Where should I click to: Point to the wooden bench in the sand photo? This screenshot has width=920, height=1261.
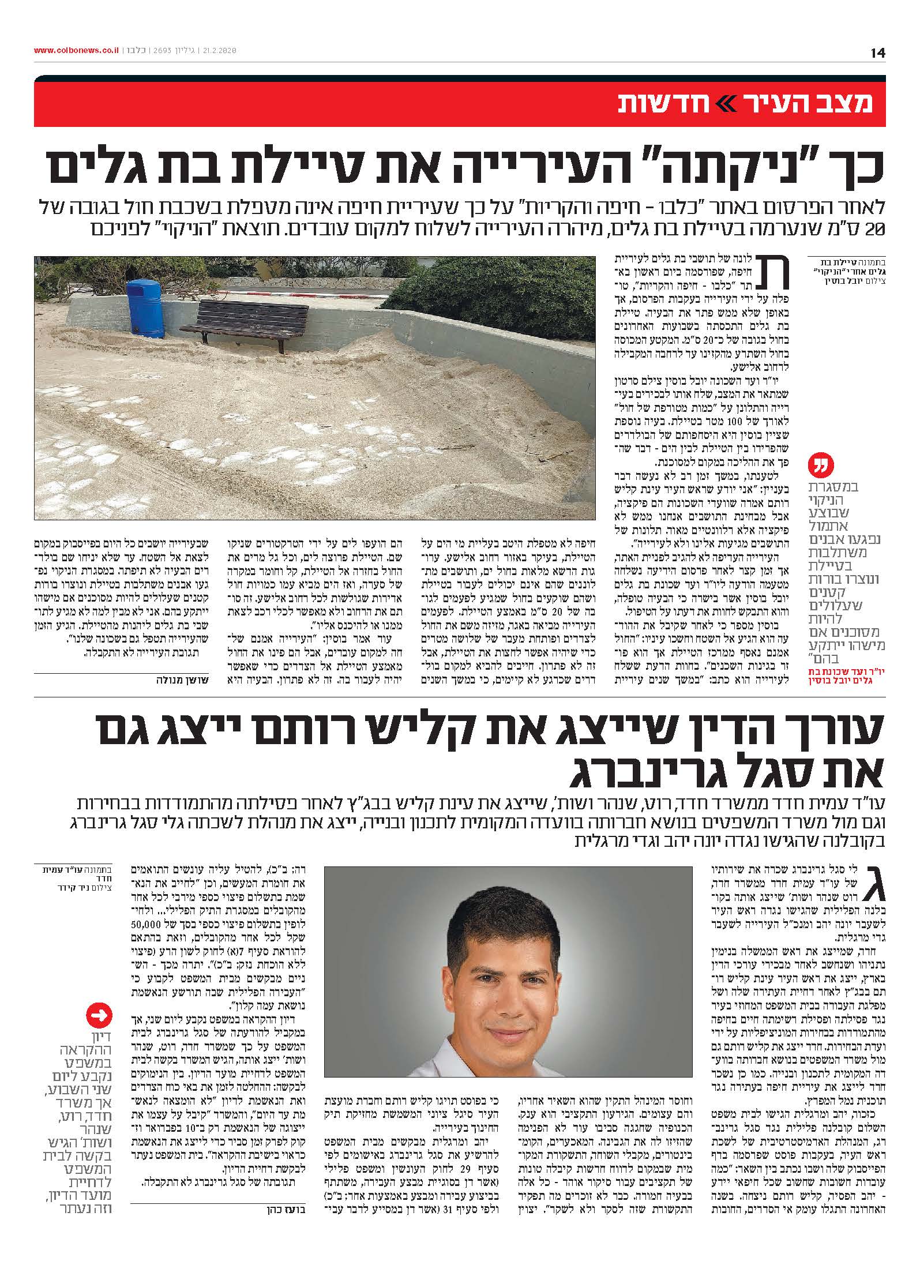251,324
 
